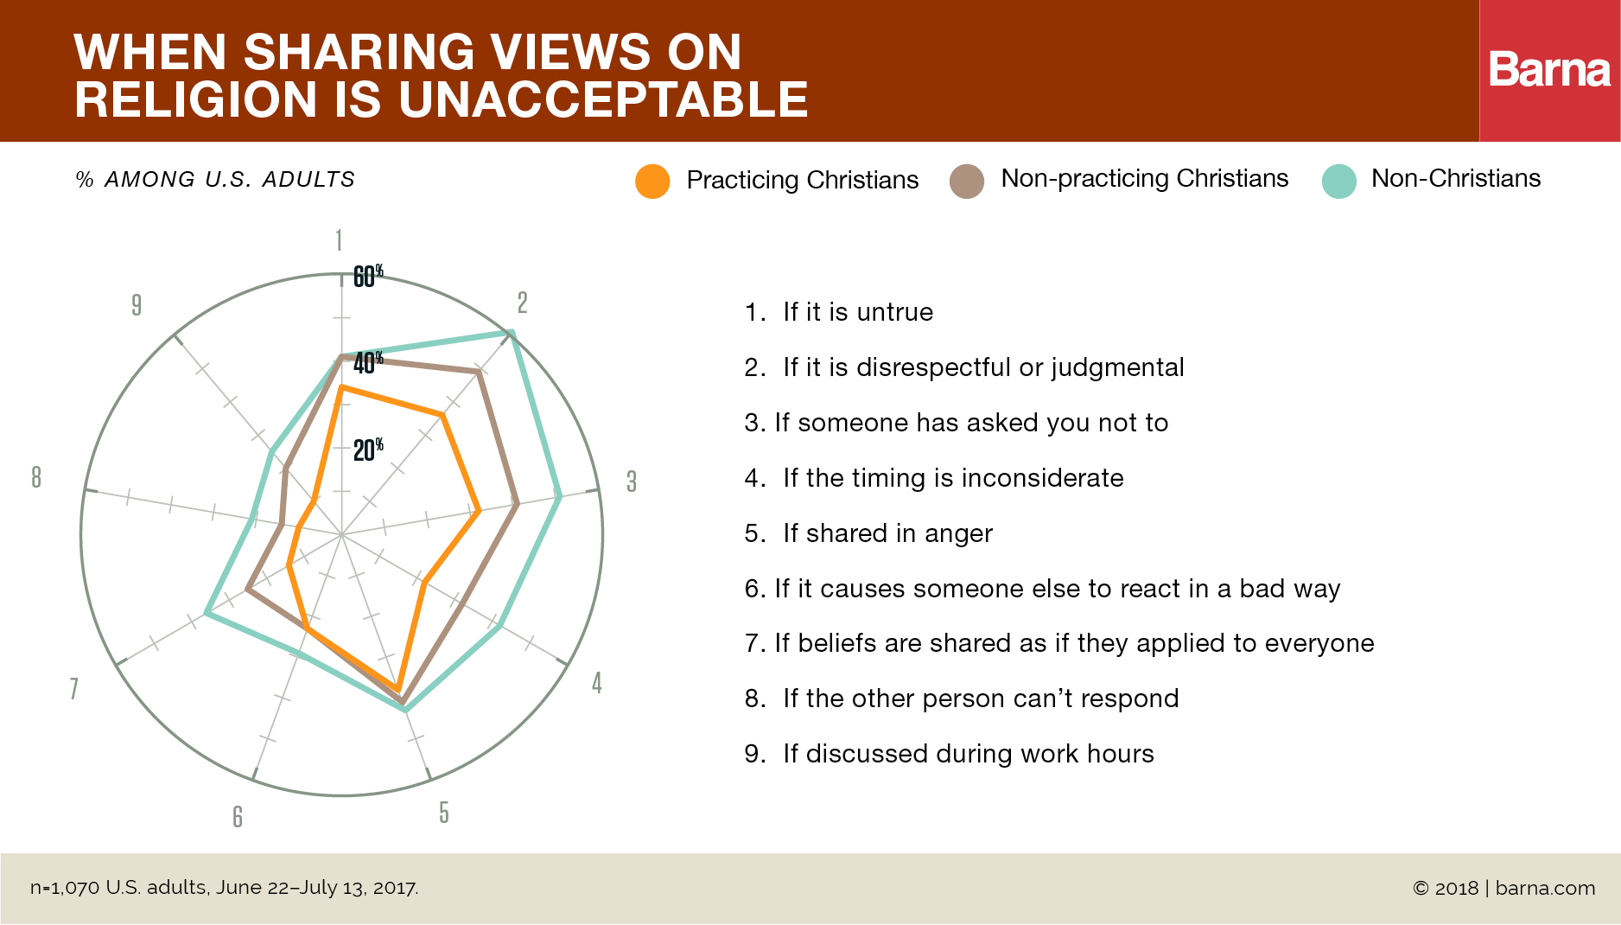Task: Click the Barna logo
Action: pyautogui.click(x=1549, y=70)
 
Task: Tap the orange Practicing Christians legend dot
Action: pyautogui.click(x=652, y=181)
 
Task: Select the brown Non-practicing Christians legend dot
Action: pyautogui.click(x=967, y=181)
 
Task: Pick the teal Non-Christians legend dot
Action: pyautogui.click(x=1338, y=181)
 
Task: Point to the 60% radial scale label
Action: pyautogui.click(x=367, y=276)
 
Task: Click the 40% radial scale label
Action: pyautogui.click(x=367, y=362)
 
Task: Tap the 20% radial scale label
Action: pyautogui.click(x=367, y=450)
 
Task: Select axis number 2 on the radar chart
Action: pyautogui.click(x=522, y=303)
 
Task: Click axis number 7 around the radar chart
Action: pyautogui.click(x=74, y=688)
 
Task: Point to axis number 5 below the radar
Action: pyautogui.click(x=443, y=813)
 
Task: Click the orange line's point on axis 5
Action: pyautogui.click(x=398, y=689)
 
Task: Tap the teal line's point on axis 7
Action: pyautogui.click(x=206, y=614)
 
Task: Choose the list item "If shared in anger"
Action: pyautogui.click(x=887, y=533)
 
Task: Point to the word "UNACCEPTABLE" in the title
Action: pyautogui.click(x=603, y=99)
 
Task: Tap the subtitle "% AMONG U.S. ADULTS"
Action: pyautogui.click(x=216, y=180)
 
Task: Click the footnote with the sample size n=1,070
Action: pyautogui.click(x=225, y=888)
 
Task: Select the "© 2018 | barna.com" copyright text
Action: pyautogui.click(x=1503, y=888)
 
